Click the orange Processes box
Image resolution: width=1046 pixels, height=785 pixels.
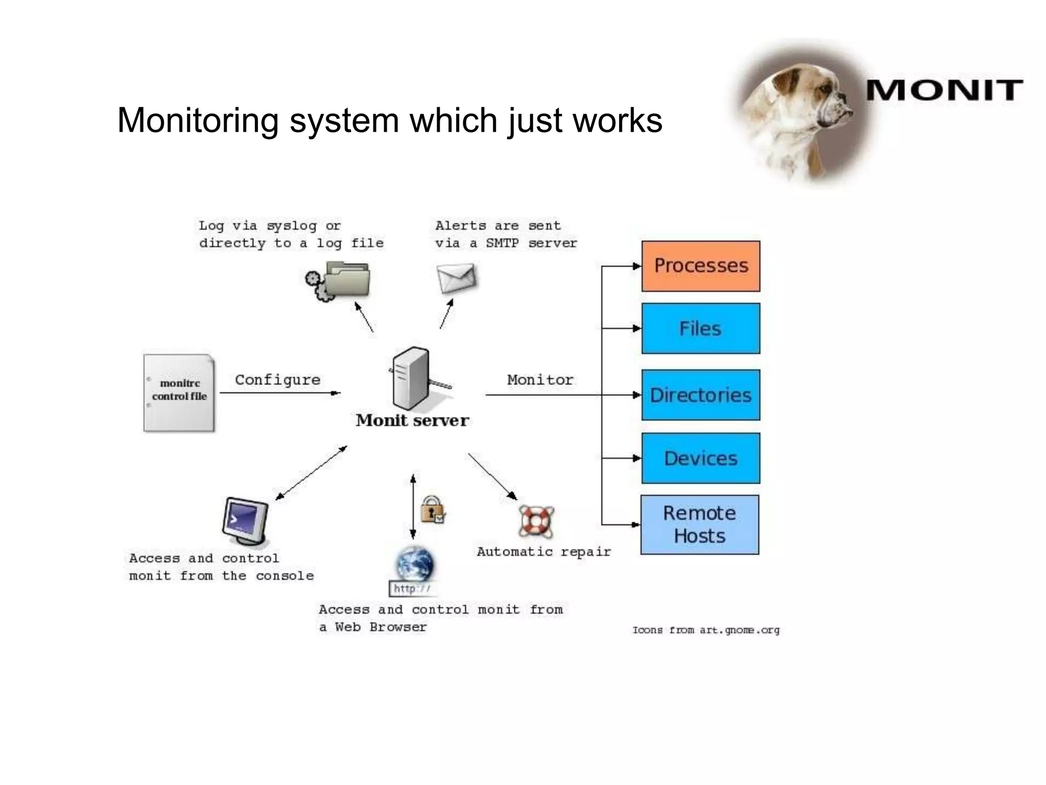click(700, 266)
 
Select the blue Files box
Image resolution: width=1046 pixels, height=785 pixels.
click(700, 329)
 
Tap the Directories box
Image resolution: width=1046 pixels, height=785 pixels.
click(700, 395)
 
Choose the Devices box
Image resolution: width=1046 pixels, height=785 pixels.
click(700, 458)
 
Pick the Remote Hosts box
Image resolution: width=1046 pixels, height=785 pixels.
click(699, 525)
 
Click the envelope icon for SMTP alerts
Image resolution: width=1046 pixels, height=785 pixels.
click(456, 278)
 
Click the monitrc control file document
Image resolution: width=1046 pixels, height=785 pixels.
click(179, 392)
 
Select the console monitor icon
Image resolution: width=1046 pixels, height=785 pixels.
click(246, 521)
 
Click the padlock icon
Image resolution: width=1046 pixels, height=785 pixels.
click(432, 510)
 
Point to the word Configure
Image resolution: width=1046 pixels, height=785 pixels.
click(277, 380)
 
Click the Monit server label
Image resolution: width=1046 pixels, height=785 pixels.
click(412, 420)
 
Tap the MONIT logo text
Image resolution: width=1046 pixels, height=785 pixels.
click(944, 91)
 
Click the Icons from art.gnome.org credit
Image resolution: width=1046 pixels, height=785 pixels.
click(706, 630)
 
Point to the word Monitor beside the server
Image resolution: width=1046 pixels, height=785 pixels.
click(540, 380)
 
